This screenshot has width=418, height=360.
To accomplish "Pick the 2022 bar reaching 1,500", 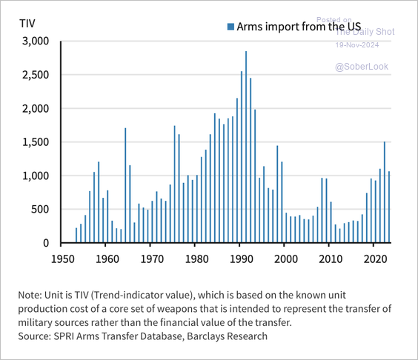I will [385, 193].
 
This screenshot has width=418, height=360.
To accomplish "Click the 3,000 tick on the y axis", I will [35, 41].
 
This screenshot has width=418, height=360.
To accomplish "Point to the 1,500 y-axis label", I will [35, 142].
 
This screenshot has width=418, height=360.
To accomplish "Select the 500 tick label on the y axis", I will [40, 210].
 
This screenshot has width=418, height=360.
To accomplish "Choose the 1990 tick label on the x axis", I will [241, 259].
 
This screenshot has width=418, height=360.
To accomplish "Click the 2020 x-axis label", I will [376, 259].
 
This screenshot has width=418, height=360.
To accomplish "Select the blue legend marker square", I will [230, 27].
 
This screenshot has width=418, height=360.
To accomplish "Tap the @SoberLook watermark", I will [361, 67].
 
